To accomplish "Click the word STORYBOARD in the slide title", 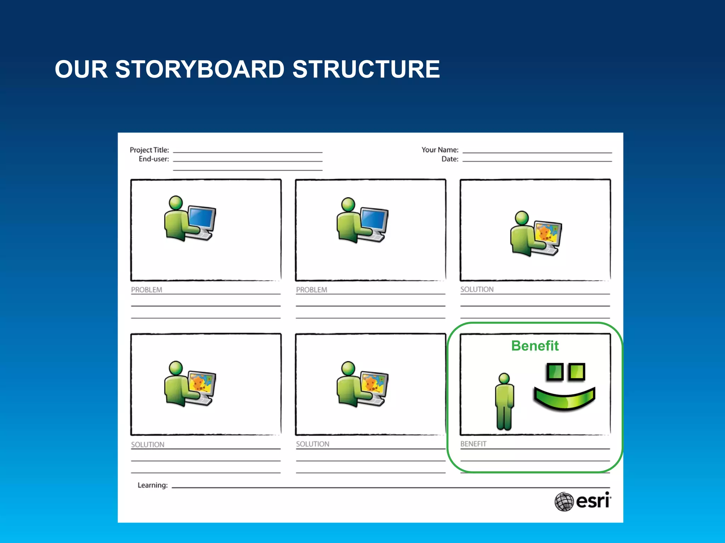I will pos(200,69).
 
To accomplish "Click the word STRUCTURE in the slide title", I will pos(366,69).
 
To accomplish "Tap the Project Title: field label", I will pos(149,150).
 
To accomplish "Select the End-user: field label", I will pos(154,159).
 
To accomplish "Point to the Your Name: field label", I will pos(440,150).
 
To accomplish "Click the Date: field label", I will pos(450,159).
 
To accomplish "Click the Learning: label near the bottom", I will pos(153,485).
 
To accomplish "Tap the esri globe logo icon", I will pos(564,501).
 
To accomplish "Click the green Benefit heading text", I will pos(535,346).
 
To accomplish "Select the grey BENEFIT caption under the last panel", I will pos(473,444).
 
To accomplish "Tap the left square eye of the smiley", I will pos(555,372).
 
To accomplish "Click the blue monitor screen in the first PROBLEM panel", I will pos(202,218).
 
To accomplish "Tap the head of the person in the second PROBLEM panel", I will pos(348,204).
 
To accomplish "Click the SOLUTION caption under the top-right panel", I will pos(477,290).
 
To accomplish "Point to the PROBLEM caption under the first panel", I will pos(147,290).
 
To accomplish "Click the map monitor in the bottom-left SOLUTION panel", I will pos(202,383).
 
